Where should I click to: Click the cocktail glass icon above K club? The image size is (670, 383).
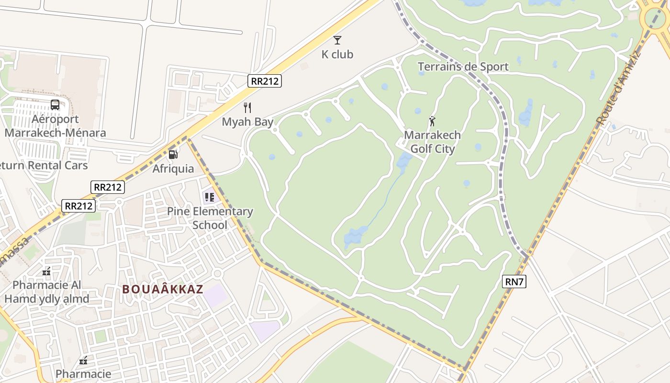337,40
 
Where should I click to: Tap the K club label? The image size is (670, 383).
337,55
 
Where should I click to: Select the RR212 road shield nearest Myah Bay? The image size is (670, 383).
265,81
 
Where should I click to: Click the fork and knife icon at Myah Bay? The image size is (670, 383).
247,107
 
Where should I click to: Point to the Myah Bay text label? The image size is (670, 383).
247,122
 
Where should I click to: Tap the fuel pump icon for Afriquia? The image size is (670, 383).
173,154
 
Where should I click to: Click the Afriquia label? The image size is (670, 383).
173,169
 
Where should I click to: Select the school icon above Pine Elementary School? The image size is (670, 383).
209,196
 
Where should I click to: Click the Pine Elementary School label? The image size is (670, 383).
210,218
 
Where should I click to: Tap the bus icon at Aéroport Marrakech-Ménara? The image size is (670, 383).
55,104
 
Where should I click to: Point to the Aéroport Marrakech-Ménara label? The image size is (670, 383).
55,125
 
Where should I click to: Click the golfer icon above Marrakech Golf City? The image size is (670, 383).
433,121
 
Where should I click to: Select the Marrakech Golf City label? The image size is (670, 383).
433,142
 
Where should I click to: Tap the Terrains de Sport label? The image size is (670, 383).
463,67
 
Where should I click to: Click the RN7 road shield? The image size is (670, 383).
514,282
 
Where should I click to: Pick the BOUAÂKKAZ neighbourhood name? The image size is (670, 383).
163,289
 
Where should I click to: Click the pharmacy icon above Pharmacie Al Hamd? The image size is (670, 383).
46,271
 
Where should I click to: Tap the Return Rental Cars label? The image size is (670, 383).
44,166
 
